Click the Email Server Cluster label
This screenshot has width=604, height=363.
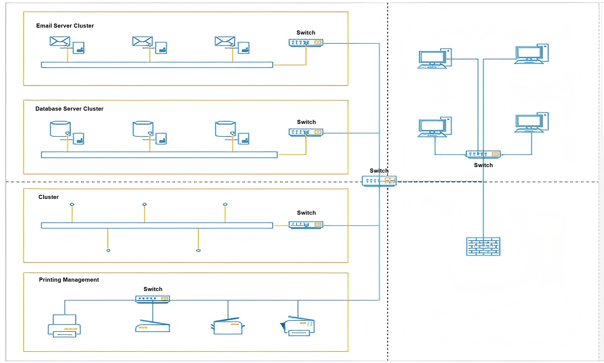[65, 26]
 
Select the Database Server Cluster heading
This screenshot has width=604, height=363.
[69, 109]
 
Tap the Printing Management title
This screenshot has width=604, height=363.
[69, 280]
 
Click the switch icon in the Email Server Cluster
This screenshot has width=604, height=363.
[306, 43]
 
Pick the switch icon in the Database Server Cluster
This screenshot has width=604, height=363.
[306, 133]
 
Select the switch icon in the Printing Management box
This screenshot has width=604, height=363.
[152, 299]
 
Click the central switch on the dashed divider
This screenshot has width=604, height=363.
[379, 181]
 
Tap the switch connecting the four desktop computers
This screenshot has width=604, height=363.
[483, 154]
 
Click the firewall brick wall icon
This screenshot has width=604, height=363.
[483, 246]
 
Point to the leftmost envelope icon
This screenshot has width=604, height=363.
[60, 42]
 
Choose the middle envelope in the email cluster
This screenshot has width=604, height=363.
[142, 42]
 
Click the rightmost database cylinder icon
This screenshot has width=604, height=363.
[225, 129]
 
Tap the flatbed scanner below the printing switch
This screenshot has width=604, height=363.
[152, 326]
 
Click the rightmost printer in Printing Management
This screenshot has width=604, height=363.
[298, 326]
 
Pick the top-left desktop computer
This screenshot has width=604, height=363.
[434, 59]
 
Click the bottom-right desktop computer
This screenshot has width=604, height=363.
[531, 123]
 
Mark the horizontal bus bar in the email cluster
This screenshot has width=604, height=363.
[157, 65]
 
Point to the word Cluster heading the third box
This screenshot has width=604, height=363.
[48, 197]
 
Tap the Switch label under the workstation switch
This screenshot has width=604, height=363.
[483, 165]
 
